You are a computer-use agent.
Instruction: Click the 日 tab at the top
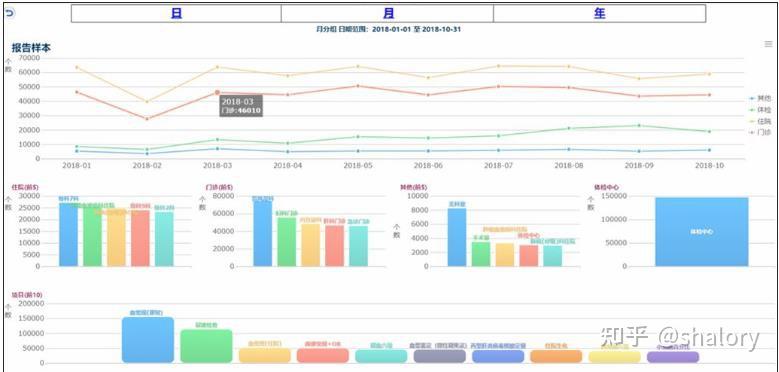pos(176,14)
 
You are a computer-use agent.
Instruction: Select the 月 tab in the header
pos(387,14)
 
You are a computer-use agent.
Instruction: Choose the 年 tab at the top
pos(599,14)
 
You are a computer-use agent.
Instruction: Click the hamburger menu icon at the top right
pos(768,44)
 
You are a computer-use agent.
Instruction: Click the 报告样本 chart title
pos(31,48)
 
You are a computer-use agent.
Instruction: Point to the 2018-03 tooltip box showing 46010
pos(241,106)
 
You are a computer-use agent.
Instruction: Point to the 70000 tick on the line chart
pos(29,58)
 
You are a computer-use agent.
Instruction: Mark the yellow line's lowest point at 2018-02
pos(147,102)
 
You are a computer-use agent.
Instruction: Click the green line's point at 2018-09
pos(639,126)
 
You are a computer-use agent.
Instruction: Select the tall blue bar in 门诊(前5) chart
pos(262,233)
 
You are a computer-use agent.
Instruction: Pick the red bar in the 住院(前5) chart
pos(140,238)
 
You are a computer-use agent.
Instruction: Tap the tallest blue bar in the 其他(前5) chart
pos(457,237)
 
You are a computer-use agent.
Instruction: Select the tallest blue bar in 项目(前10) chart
pos(148,340)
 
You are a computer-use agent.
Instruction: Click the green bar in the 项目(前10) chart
pos(206,345)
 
